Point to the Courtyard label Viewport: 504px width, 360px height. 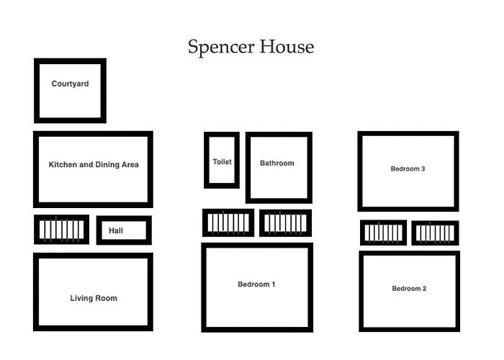click(x=70, y=84)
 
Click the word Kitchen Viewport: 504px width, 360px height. click(x=62, y=165)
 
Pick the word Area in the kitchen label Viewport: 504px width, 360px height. click(x=130, y=165)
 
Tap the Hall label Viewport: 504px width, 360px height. click(x=116, y=231)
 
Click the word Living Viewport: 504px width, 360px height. click(x=81, y=298)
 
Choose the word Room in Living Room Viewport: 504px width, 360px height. click(x=106, y=298)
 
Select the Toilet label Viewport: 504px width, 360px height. click(x=222, y=162)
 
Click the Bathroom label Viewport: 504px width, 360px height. click(x=277, y=163)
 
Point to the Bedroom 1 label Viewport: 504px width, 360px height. click(x=256, y=284)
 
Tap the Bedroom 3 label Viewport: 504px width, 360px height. click(x=408, y=169)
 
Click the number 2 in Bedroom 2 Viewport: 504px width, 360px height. click(x=424, y=289)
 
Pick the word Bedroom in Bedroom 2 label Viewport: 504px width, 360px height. click(x=405, y=289)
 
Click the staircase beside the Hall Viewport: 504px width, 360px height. click(x=61, y=230)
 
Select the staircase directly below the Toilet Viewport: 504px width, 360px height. click(x=228, y=223)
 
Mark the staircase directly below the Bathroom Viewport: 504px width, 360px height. click(x=285, y=223)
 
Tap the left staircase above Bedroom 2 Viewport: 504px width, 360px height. click(x=383, y=233)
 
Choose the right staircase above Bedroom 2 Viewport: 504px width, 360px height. click(x=435, y=233)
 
